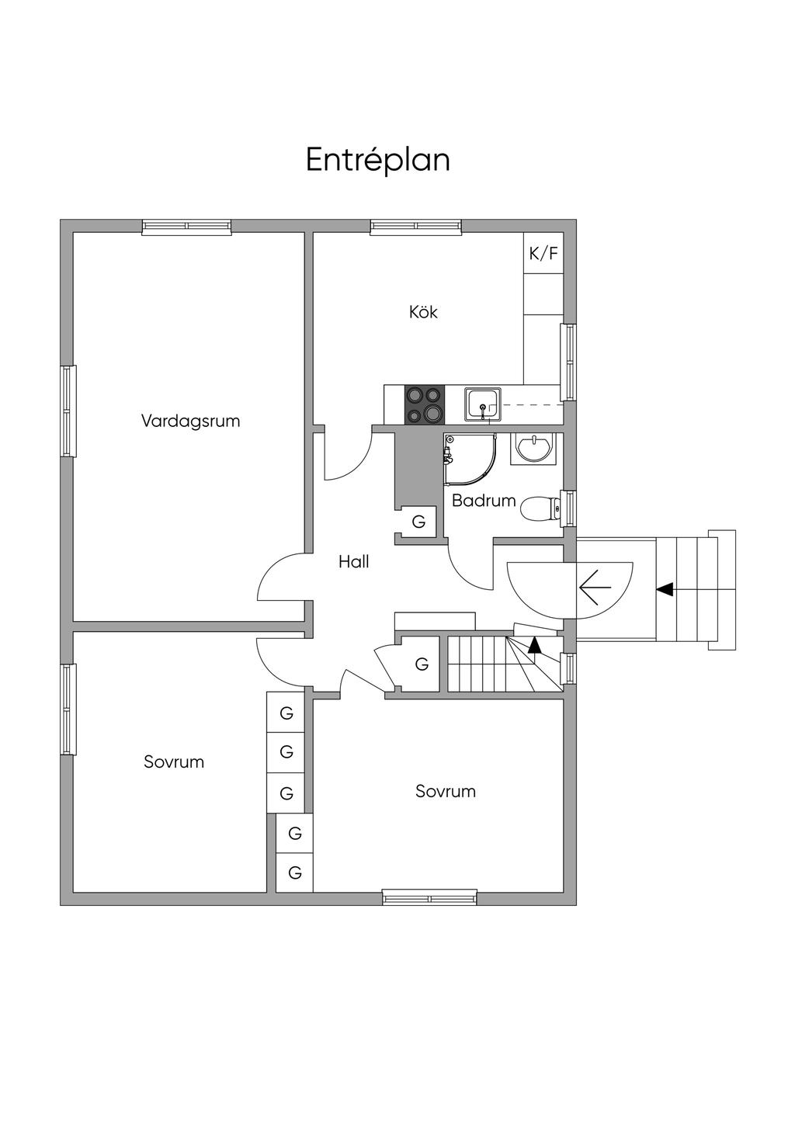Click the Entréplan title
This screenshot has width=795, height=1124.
pyautogui.click(x=377, y=160)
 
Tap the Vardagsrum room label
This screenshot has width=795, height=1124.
pyautogui.click(x=190, y=421)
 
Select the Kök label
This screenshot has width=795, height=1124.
pyautogui.click(x=423, y=312)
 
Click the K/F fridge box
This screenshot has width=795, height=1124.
pyautogui.click(x=543, y=253)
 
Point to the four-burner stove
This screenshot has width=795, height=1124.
pyautogui.click(x=425, y=404)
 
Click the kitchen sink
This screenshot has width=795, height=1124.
pyautogui.click(x=483, y=404)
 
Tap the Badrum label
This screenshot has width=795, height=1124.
pyautogui.click(x=483, y=501)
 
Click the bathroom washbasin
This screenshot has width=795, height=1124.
pyautogui.click(x=534, y=448)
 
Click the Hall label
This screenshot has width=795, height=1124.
pyautogui.click(x=353, y=562)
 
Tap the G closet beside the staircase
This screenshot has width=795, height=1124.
pyautogui.click(x=422, y=664)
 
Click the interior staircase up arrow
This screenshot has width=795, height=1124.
pyautogui.click(x=534, y=644)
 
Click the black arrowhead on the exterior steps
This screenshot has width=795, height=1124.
pyautogui.click(x=665, y=590)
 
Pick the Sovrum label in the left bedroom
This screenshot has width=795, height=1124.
pyautogui.click(x=174, y=761)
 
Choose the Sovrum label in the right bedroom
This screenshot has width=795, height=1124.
pyautogui.click(x=445, y=792)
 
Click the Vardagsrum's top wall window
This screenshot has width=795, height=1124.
pyautogui.click(x=186, y=227)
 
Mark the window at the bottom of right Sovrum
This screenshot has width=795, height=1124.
pyautogui.click(x=429, y=899)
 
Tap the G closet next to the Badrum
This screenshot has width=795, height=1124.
pyautogui.click(x=418, y=522)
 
